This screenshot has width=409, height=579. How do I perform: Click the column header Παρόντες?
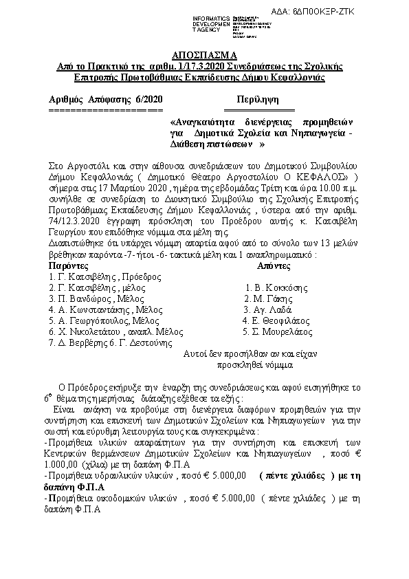69,264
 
